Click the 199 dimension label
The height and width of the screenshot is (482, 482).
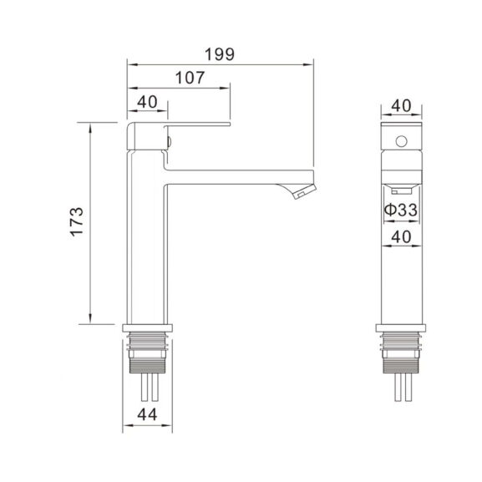(220, 54)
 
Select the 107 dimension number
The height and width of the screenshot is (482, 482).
(190, 78)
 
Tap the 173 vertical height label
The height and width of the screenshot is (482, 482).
(77, 222)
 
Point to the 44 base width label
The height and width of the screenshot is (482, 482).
(147, 414)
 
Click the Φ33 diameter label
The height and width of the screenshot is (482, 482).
(401, 210)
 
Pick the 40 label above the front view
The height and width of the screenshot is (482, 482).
(401, 105)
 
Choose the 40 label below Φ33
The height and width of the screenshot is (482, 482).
(401, 237)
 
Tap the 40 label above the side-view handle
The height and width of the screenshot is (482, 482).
(147, 102)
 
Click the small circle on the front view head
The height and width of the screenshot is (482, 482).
(402, 141)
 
